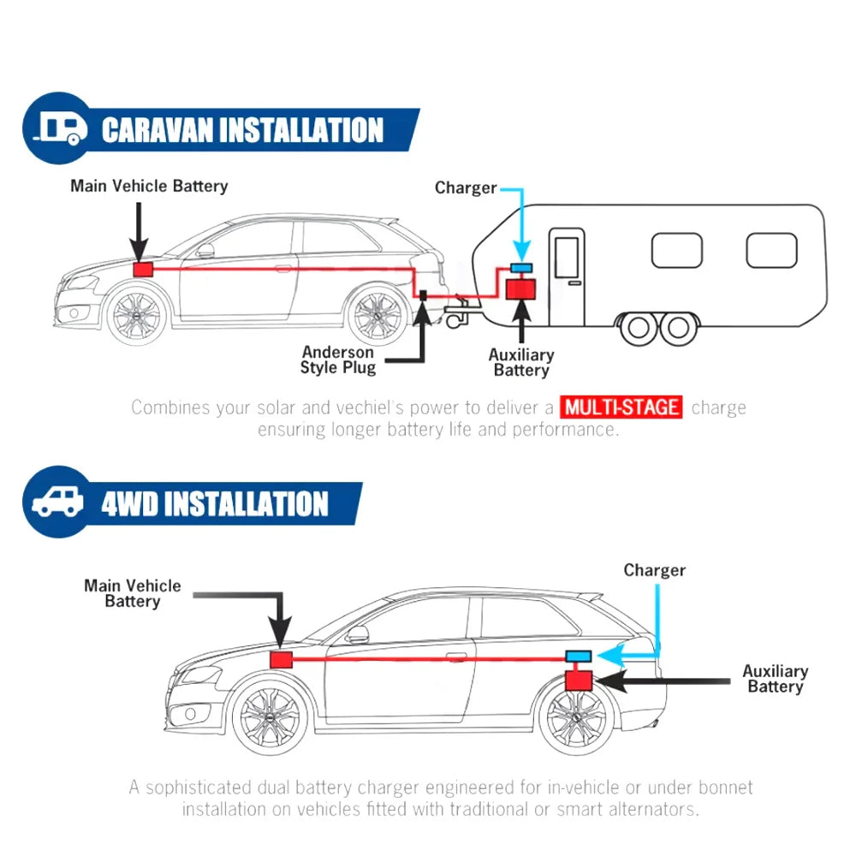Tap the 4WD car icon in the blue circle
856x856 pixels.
tap(59, 502)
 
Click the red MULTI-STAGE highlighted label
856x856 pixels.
tap(622, 407)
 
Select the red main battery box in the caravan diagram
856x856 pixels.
tap(142, 268)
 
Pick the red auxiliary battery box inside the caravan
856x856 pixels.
tap(520, 288)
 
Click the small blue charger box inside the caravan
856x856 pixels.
tap(520, 268)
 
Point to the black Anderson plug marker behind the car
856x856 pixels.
tap(423, 295)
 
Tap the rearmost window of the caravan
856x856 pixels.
tap(771, 250)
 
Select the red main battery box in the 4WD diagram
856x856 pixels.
tap(282, 659)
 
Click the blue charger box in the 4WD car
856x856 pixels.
tap(579, 656)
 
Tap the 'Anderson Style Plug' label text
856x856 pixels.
tap(337, 360)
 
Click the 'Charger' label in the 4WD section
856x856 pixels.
tap(654, 570)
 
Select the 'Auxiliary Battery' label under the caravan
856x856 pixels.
tap(521, 362)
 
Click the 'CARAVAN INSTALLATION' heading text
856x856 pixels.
tap(242, 130)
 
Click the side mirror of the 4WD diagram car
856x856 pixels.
tap(357, 635)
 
